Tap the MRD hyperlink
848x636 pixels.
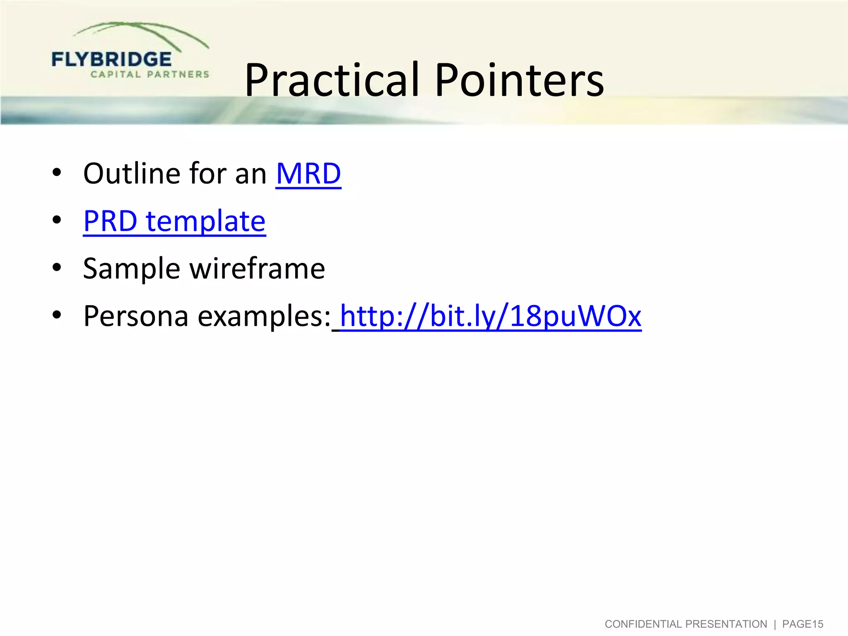[308, 173]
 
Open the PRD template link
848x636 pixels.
[174, 221]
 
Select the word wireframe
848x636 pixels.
[257, 269]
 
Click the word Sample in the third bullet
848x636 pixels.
[131, 269]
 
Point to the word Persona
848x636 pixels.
[136, 316]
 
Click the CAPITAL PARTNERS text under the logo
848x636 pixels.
[150, 75]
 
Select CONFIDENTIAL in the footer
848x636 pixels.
[644, 624]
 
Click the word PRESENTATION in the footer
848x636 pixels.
[726, 624]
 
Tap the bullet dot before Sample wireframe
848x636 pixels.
[57, 267]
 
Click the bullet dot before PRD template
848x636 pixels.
[57, 220]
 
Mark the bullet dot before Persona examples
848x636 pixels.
[57, 315]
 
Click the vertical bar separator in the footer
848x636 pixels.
[775, 624]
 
